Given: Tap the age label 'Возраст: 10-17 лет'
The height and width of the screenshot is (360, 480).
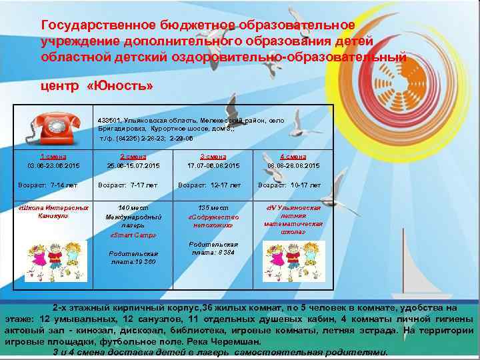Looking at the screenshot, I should (289, 185).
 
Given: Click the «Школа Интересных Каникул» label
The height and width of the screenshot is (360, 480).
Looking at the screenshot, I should (52, 211).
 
